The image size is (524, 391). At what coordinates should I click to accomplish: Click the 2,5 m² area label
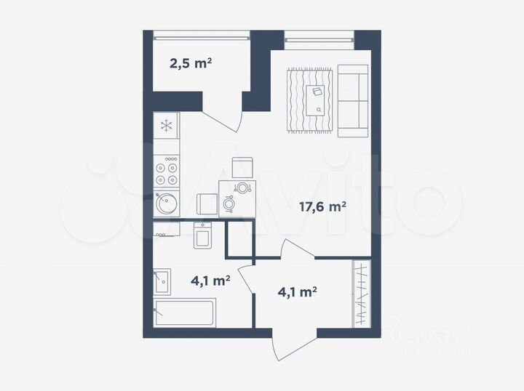click(191, 63)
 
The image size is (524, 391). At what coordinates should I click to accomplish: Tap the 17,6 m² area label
click(322, 206)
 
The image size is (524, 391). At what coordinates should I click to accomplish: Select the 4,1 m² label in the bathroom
click(210, 279)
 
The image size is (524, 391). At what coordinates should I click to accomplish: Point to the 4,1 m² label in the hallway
click(297, 292)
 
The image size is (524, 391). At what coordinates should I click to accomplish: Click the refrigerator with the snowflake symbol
click(167, 126)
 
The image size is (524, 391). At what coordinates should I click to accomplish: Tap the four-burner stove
click(167, 172)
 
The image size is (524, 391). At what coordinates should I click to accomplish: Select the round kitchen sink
click(166, 203)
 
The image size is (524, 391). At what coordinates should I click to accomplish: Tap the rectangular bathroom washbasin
click(162, 281)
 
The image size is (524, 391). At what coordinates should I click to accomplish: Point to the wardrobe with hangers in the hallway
click(361, 293)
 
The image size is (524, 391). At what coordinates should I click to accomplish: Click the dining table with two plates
click(239, 198)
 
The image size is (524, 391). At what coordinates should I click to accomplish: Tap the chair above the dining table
click(242, 167)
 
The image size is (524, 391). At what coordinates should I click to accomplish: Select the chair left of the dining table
click(207, 203)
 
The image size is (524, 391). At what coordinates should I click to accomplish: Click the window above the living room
click(319, 34)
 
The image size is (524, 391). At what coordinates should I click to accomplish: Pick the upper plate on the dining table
click(242, 187)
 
